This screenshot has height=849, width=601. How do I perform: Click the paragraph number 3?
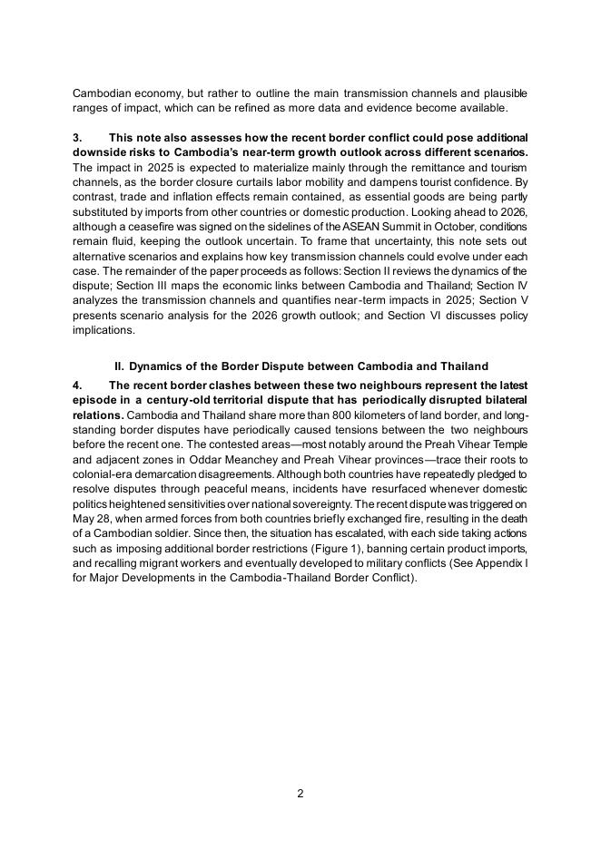click(x=76, y=138)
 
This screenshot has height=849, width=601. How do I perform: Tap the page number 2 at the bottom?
click(x=300, y=794)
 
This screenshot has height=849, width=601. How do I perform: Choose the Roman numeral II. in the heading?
click(x=119, y=366)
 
